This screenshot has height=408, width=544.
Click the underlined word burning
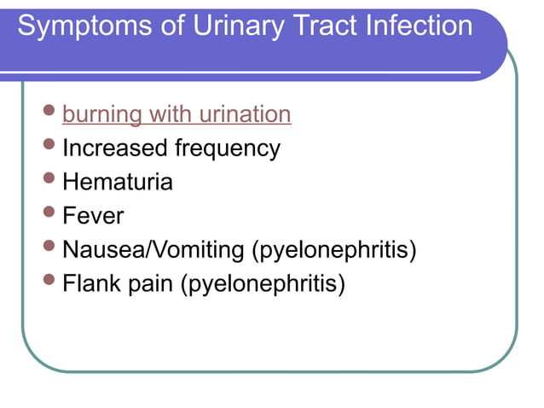tap(102, 114)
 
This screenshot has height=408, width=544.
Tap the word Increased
tap(114, 149)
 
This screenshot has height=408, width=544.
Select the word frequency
tap(227, 149)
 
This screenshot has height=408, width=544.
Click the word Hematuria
tap(118, 182)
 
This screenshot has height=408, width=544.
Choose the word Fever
tap(93, 216)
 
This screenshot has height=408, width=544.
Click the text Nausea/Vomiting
tap(153, 251)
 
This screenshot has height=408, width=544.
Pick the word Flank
tap(91, 284)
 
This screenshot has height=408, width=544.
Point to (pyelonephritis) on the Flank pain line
tap(262, 284)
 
